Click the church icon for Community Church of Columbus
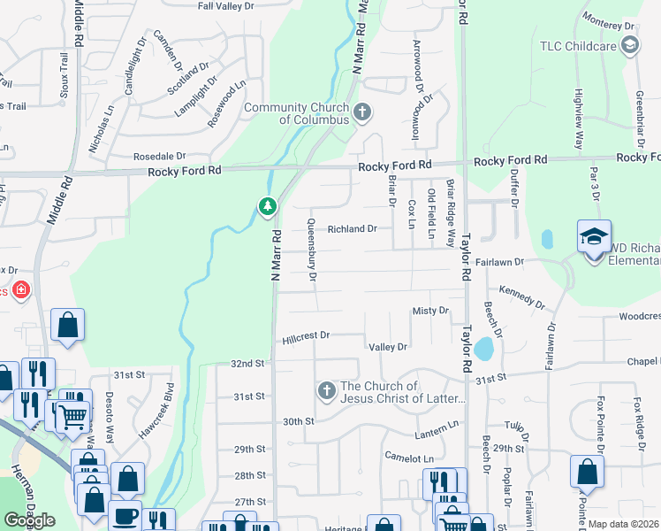click(361, 112)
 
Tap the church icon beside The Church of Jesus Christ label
click(326, 390)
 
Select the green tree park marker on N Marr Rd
click(267, 206)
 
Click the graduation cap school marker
click(594, 236)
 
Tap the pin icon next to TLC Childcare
click(629, 46)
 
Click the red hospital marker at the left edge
click(19, 289)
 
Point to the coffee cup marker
click(125, 516)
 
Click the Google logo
click(29, 520)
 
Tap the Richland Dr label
click(353, 228)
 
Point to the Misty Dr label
click(431, 311)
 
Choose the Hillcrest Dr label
click(306, 336)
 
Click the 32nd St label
click(247, 364)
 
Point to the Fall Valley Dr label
click(225, 6)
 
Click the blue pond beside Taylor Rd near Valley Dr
click(483, 349)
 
